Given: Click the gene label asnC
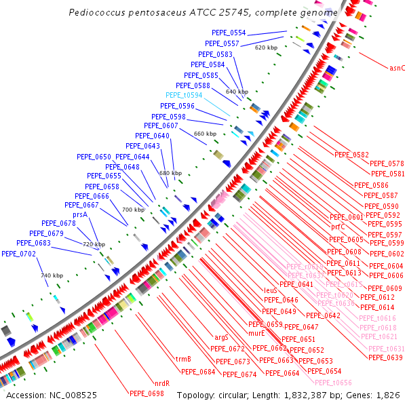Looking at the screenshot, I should pyautogui.click(x=397, y=68).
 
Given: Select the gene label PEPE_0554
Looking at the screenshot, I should pyautogui.click(x=229, y=33).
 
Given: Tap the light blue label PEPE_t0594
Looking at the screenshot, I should pyautogui.click(x=184, y=96).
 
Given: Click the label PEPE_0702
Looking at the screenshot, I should pyautogui.click(x=19, y=254).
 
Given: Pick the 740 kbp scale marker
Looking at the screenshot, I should pyautogui.click(x=52, y=275).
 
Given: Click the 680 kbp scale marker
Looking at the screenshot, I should pyautogui.click(x=170, y=173).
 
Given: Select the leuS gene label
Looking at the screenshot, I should pyautogui.click(x=271, y=290).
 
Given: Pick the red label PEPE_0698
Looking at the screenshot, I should pyautogui.click(x=147, y=393).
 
